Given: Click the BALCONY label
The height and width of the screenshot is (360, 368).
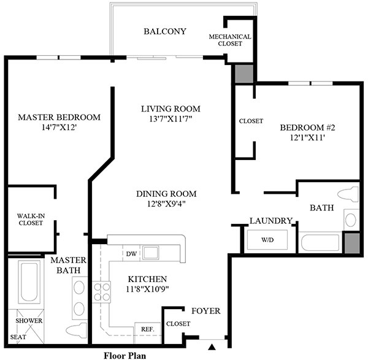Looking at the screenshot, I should click(164, 32).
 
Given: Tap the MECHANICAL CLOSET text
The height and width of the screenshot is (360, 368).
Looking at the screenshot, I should click(230, 40).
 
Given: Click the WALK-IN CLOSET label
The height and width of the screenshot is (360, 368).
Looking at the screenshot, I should click(30, 219).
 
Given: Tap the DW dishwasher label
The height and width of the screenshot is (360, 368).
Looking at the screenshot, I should click(131, 252).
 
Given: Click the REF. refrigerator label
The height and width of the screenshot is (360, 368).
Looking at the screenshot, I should click(148, 329).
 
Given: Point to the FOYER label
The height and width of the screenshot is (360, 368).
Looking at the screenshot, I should click(206, 312).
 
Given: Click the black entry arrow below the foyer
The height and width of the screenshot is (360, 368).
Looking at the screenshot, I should click(212, 348).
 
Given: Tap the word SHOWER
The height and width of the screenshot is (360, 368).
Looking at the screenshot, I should click(28, 320).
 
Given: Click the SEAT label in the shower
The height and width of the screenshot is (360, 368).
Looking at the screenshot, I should click(21, 336).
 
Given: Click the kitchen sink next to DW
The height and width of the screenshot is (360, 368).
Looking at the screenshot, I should click(151, 252).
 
